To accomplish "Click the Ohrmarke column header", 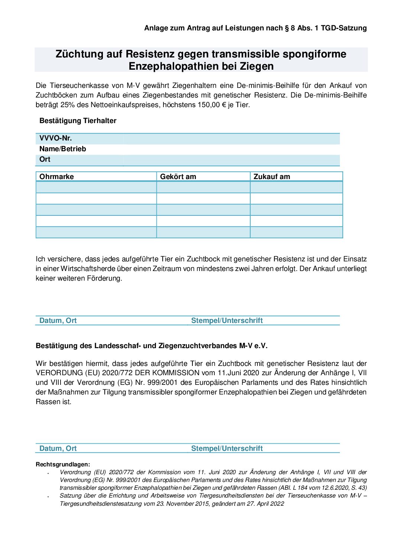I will pos(56,177).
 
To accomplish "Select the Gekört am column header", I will pos(178,177).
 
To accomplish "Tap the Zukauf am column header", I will pos(272,177).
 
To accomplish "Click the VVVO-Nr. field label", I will pos(56,138).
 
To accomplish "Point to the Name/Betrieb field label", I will pos(62,149).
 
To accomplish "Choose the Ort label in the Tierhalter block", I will pos(45,159).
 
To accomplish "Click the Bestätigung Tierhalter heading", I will pos(78,121).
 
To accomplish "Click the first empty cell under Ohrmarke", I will pos(96,187).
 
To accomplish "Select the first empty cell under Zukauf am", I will pos(296,187).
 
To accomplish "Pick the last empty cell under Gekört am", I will pos(203,232).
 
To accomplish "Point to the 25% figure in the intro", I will pos(68,105).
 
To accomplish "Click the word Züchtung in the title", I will pos(79,54).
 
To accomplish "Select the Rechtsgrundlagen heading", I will pos(63,465).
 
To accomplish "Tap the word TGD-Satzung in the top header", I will pos(344,28).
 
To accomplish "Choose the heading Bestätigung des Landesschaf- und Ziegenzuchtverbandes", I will pos(152,346).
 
